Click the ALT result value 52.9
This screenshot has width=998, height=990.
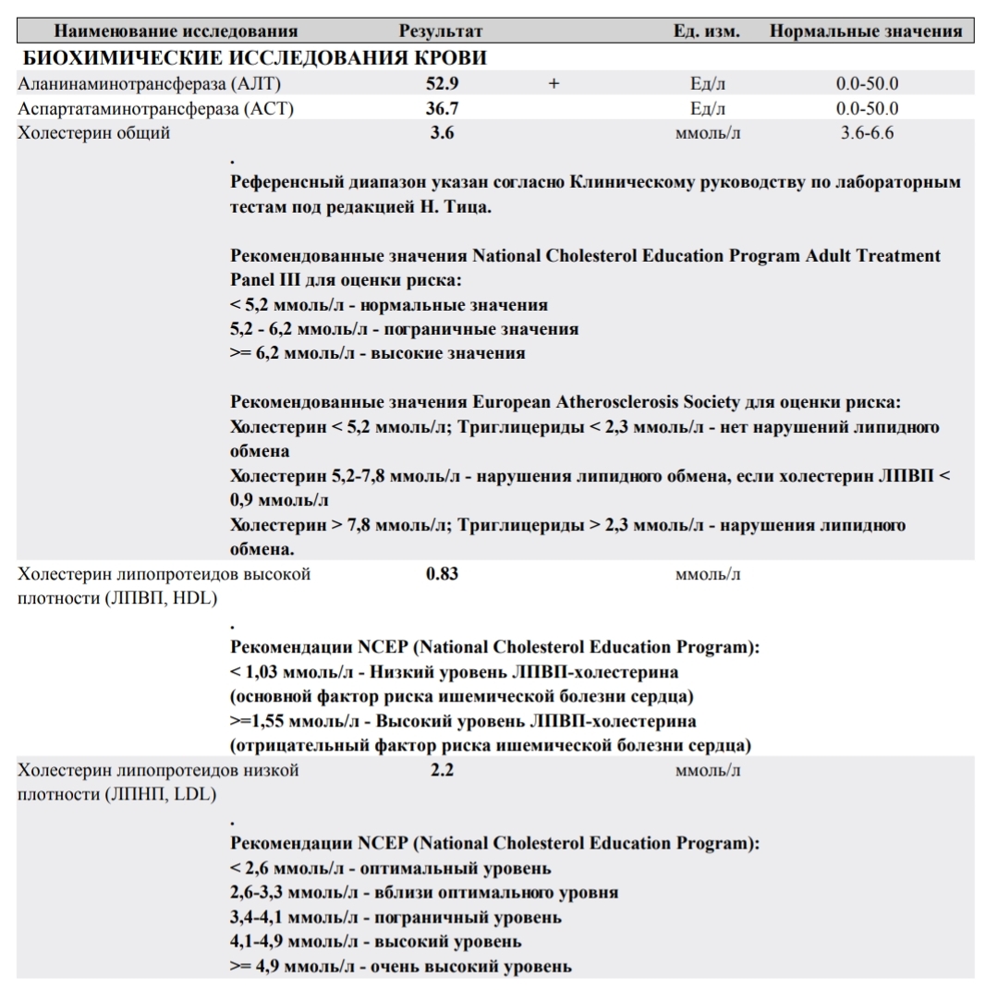click(442, 84)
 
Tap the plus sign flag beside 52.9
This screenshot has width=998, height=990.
click(554, 84)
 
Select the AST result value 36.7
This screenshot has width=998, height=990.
click(442, 109)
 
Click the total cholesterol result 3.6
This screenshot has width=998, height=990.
click(442, 133)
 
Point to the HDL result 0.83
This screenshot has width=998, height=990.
click(442, 574)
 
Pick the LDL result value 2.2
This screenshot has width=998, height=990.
click(442, 770)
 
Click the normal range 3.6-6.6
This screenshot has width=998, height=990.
click(867, 133)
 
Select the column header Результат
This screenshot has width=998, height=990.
click(441, 31)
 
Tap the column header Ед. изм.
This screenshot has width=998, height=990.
click(707, 31)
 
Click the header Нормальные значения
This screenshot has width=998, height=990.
click(866, 31)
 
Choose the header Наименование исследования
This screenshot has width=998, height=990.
click(176, 31)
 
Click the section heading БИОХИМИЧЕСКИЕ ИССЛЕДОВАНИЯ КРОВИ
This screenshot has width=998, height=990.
click(254, 58)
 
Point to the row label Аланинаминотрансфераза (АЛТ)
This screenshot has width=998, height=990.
click(149, 84)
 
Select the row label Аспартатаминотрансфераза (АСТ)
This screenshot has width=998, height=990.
click(155, 109)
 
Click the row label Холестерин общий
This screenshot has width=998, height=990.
click(94, 133)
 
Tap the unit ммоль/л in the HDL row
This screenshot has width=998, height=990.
click(708, 575)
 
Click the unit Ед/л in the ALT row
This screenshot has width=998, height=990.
click(708, 84)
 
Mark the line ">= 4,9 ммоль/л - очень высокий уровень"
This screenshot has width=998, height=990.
click(400, 967)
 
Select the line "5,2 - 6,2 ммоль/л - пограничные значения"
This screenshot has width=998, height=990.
click(404, 329)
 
